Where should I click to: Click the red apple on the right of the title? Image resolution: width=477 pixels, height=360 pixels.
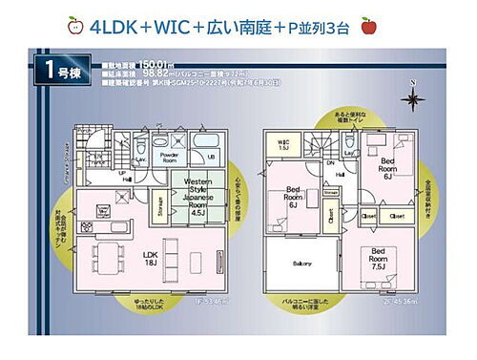point(368,26)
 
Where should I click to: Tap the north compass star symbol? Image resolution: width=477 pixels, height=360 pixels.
point(412,98)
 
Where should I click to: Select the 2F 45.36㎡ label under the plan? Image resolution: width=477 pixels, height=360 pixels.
point(397,299)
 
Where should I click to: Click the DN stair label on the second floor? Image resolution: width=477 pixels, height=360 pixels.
point(328,163)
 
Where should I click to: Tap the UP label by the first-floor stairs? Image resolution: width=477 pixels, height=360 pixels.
point(124,175)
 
